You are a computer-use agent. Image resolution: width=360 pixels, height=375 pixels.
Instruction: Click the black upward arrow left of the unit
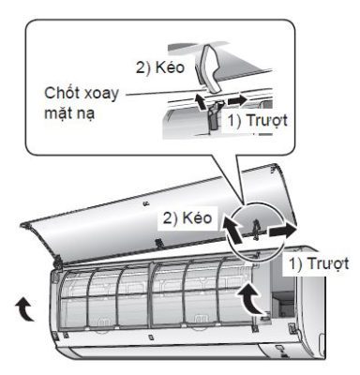[x=22, y=306]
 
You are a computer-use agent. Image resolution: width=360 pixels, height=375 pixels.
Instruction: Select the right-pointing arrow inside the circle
[x=280, y=229]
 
